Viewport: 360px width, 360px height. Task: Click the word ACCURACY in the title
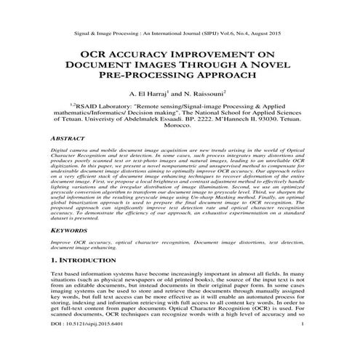point(151,54)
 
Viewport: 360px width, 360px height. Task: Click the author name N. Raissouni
point(209,94)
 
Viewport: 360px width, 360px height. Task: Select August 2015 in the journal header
point(268,33)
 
